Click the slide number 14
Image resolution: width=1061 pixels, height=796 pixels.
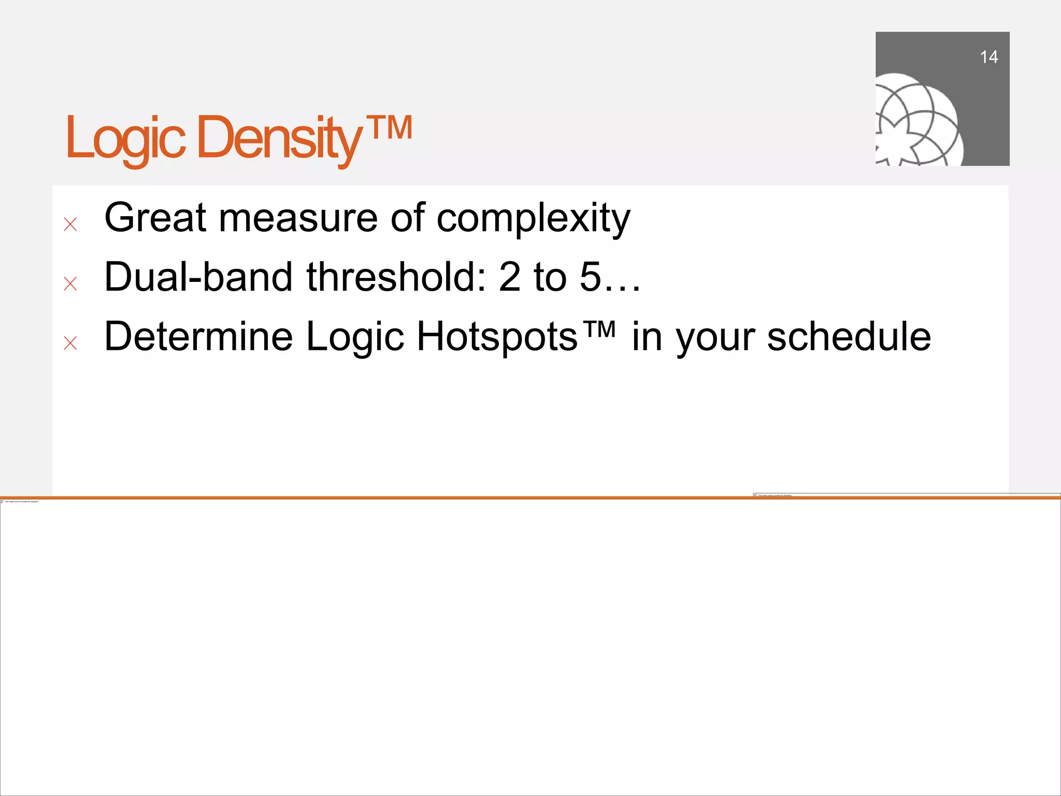click(x=988, y=57)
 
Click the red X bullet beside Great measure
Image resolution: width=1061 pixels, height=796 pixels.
click(x=70, y=224)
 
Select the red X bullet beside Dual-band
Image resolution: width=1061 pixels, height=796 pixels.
click(x=70, y=283)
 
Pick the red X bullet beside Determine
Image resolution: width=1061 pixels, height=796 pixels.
click(x=70, y=343)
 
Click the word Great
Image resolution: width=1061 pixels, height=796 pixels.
click(x=155, y=218)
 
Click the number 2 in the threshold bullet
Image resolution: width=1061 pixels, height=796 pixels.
click(x=510, y=277)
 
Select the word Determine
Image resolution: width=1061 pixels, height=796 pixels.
click(x=198, y=336)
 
